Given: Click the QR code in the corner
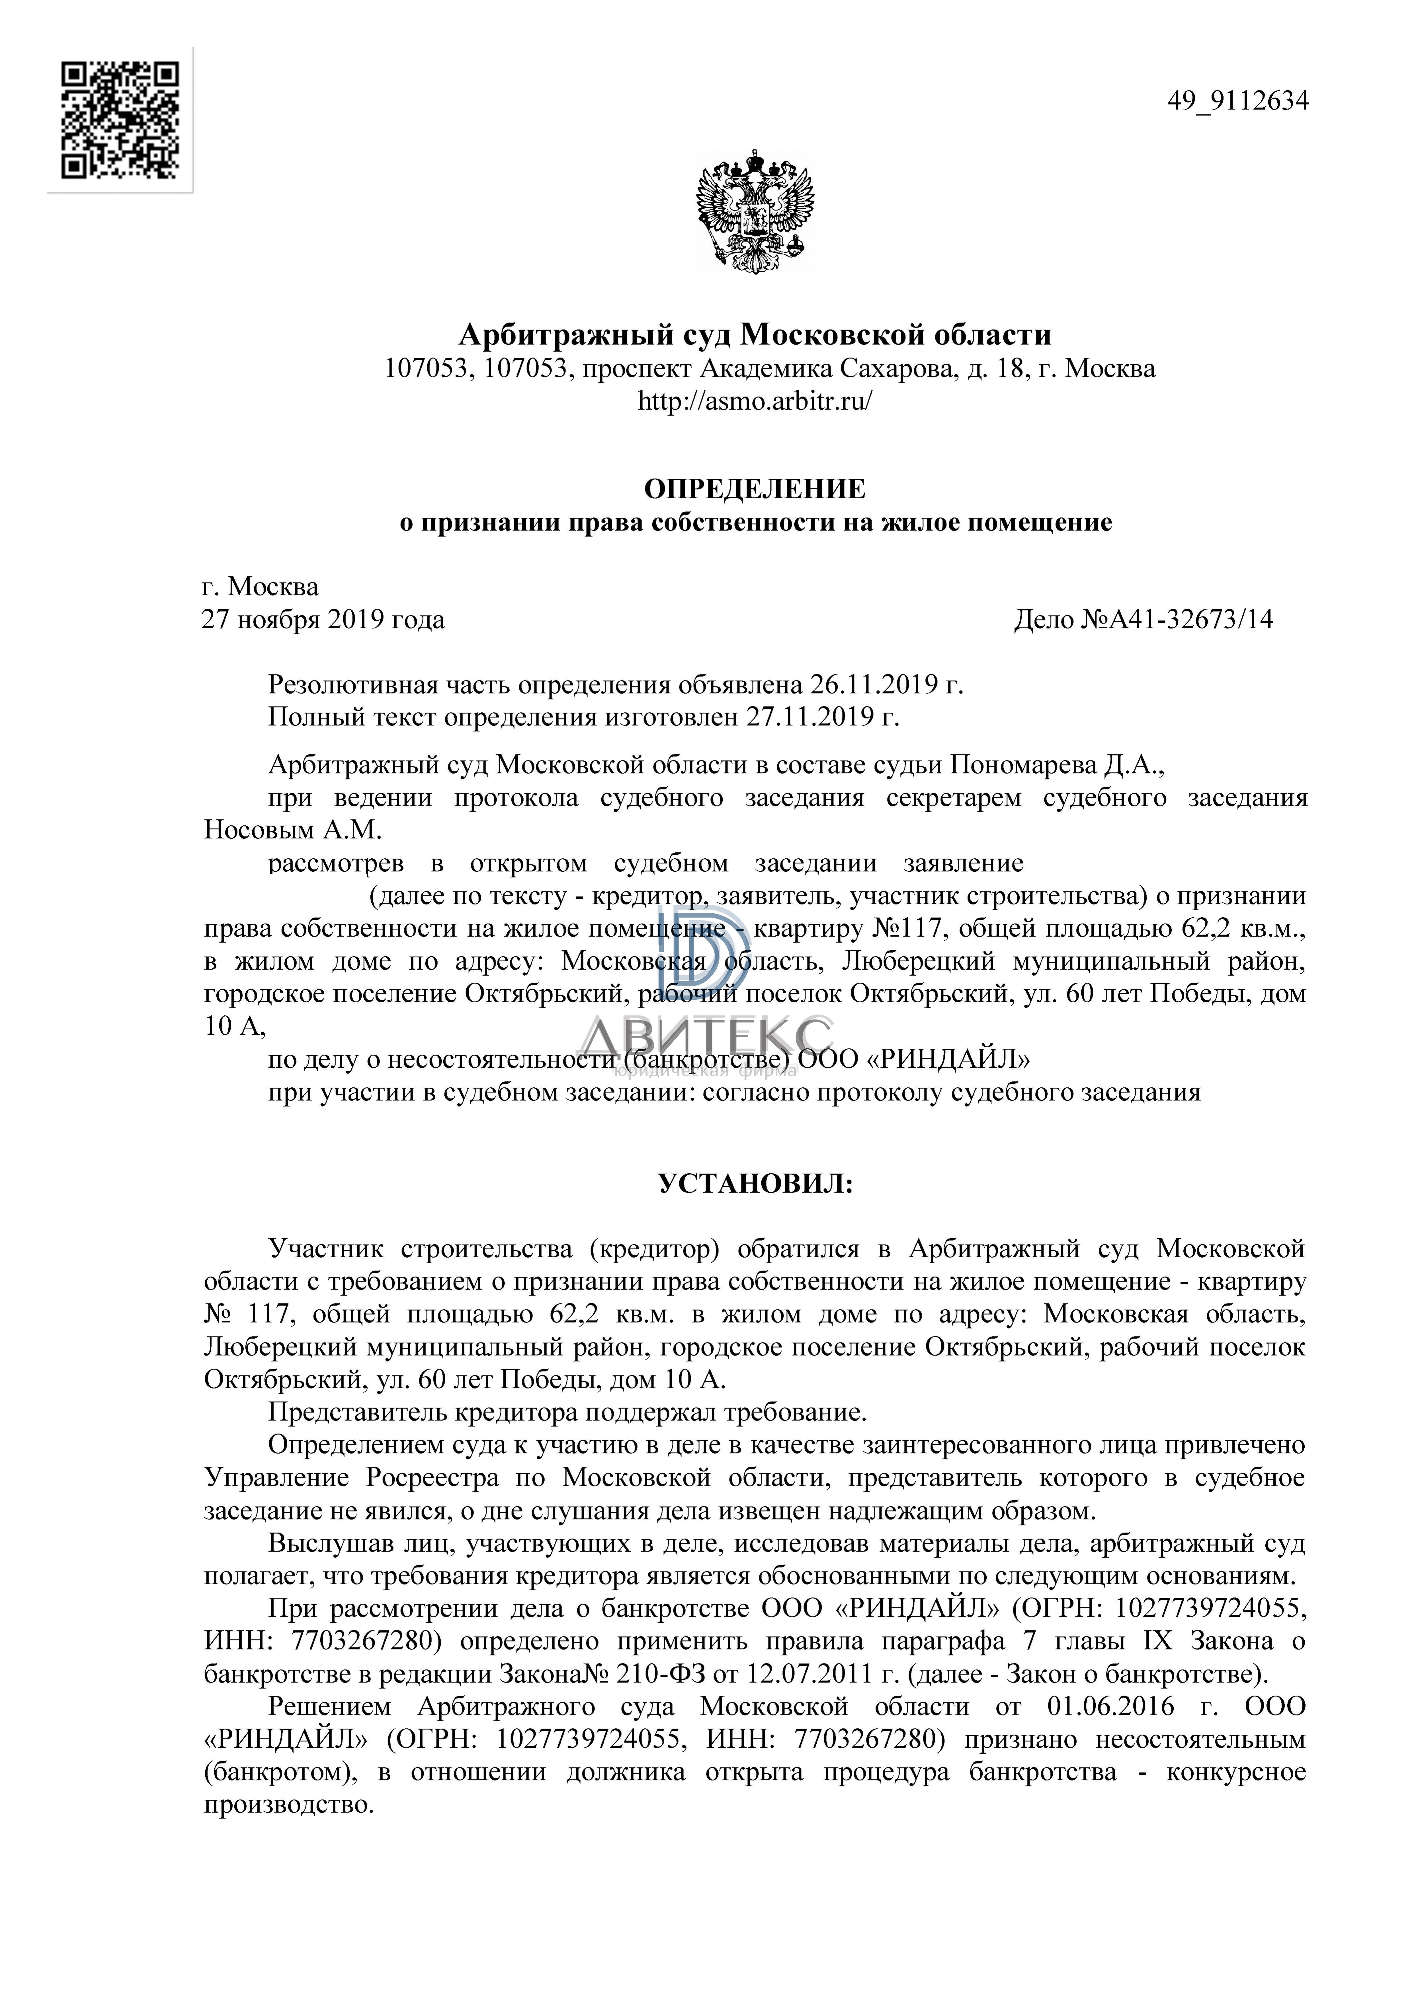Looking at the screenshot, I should pyautogui.click(x=120, y=120).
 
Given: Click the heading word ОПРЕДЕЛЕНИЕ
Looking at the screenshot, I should pyautogui.click(x=755, y=489).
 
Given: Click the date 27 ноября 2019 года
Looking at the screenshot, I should pyautogui.click(x=323, y=620).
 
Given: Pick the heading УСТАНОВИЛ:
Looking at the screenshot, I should pyautogui.click(x=755, y=1184).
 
